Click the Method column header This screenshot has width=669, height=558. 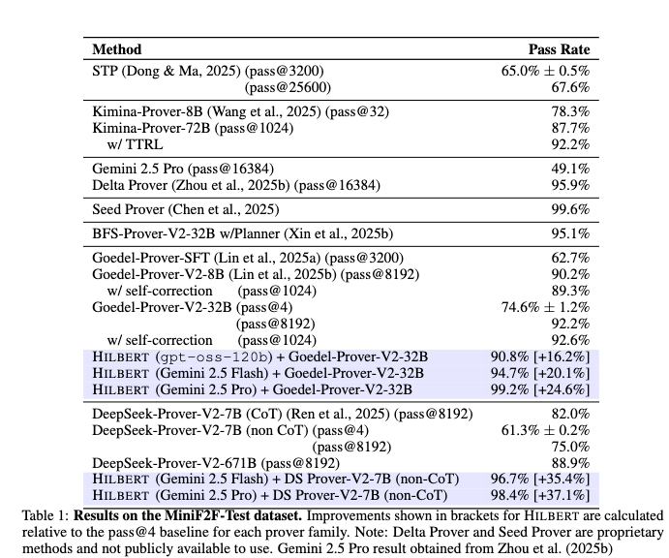[116, 49]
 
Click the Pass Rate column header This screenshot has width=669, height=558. [559, 49]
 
